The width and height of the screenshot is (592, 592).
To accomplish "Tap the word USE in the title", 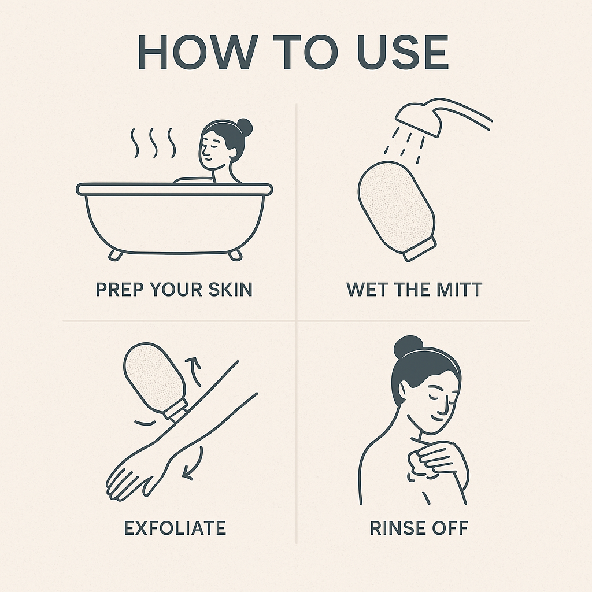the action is point(403,52).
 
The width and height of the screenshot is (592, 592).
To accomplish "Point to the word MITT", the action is point(460,290).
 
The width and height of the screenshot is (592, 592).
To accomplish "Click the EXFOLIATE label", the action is point(175,528).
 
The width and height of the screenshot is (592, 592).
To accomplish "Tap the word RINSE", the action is point(398,528).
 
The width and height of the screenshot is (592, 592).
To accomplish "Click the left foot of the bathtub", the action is point(115,255).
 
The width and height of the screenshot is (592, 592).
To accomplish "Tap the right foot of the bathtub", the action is point(235,255).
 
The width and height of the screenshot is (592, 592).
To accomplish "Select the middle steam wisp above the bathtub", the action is point(153,143).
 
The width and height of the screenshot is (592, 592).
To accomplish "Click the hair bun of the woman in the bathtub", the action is point(244,127).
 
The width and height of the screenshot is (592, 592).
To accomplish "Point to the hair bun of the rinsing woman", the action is point(408,347).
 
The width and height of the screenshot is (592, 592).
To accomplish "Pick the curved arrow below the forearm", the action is point(194,464).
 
